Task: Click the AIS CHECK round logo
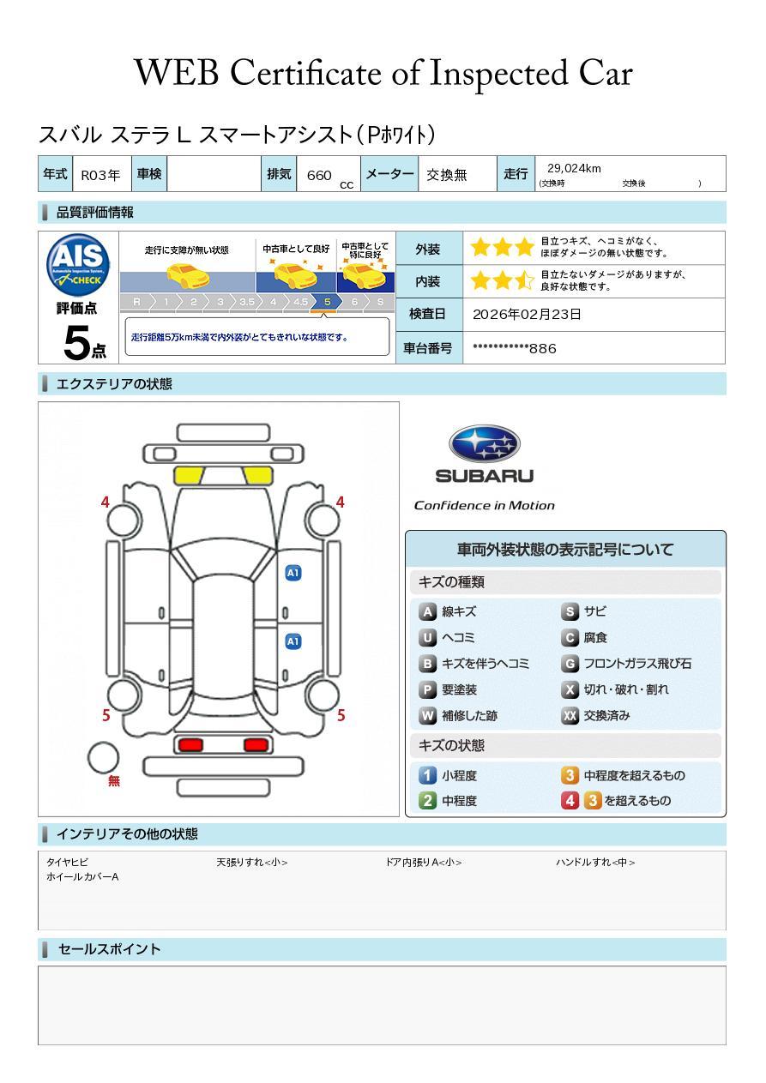(78, 264)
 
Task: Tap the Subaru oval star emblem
(484, 444)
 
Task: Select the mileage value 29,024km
(574, 168)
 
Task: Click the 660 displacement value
(319, 175)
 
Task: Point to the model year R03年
(100, 175)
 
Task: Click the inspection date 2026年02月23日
(527, 314)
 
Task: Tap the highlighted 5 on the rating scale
(328, 302)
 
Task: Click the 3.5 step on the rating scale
(247, 302)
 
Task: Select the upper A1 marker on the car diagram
(293, 573)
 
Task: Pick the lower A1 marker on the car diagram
(293, 641)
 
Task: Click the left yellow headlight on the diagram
(189, 476)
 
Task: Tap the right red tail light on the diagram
(256, 744)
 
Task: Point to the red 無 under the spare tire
(113, 780)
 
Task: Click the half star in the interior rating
(524, 280)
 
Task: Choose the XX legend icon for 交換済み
(570, 715)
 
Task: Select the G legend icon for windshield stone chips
(570, 664)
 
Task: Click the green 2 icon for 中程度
(427, 801)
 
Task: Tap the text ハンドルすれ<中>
(595, 862)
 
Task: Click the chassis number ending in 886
(514, 348)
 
